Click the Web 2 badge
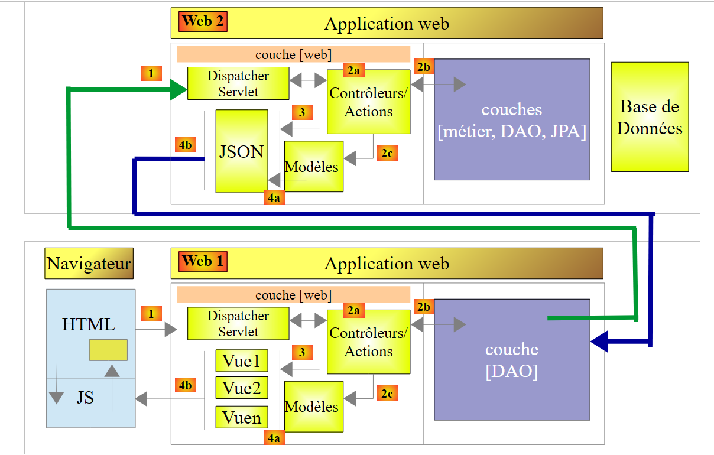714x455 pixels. [203, 22]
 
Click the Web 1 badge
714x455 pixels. [203, 261]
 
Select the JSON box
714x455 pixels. [241, 151]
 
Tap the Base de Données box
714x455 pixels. [650, 117]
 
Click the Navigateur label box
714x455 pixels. [89, 264]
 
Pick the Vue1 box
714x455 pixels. [241, 360]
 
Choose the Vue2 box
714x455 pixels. [241, 388]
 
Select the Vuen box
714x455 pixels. [241, 418]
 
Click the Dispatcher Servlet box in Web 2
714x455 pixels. [238, 83]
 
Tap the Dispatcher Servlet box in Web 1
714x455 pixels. [238, 324]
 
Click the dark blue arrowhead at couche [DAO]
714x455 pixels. [599, 342]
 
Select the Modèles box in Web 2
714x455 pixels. [313, 167]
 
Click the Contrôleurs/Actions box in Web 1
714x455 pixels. [368, 342]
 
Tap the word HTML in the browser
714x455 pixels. [89, 324]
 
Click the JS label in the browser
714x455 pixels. [85, 398]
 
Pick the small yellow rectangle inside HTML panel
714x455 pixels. [108, 350]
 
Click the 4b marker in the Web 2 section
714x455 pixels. [186, 145]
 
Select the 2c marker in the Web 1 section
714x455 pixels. [387, 393]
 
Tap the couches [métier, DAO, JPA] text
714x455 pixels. [512, 121]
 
